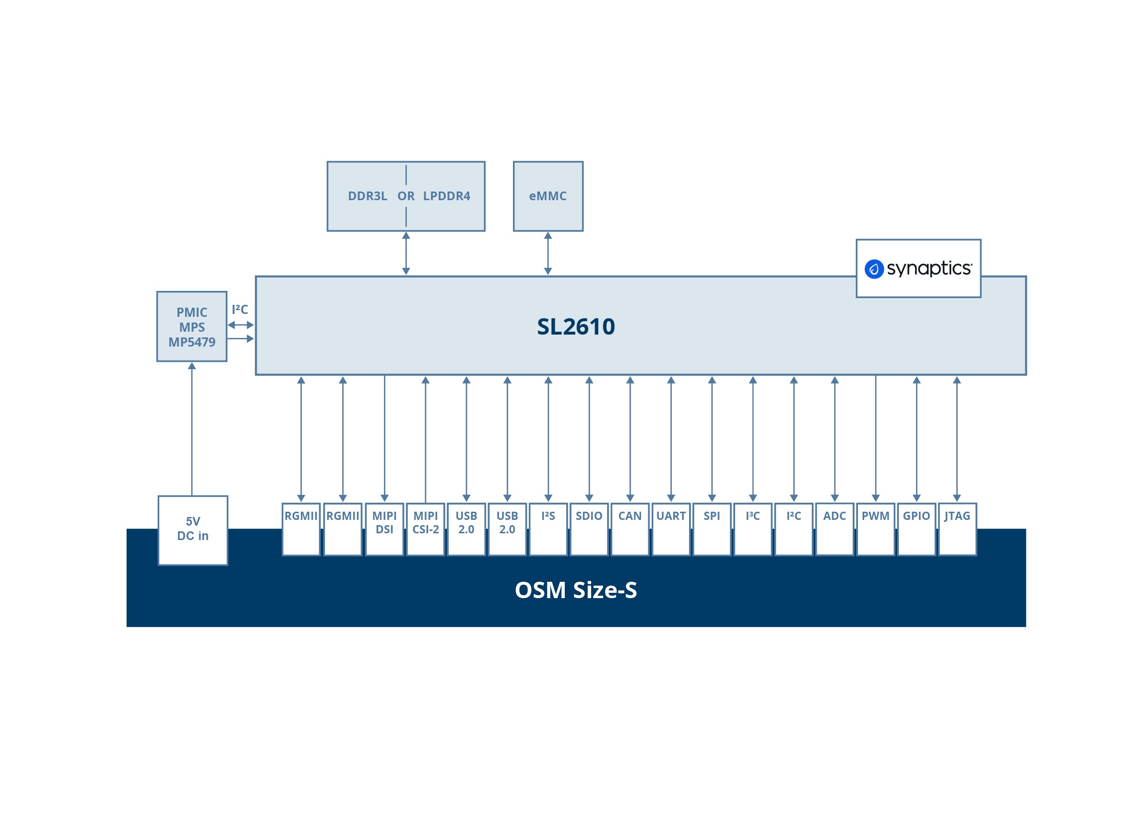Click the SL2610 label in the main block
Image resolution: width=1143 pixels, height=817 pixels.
tap(575, 326)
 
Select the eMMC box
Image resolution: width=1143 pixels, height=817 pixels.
tap(548, 196)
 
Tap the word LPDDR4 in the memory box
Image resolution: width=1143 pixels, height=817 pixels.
tap(446, 196)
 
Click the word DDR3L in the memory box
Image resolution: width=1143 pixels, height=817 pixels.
tap(367, 196)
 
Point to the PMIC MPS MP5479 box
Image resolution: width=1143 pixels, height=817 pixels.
tap(191, 326)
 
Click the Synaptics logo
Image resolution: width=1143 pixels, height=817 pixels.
tap(918, 268)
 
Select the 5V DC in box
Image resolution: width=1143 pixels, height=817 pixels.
tap(192, 530)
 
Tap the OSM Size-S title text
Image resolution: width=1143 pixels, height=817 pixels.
tap(575, 590)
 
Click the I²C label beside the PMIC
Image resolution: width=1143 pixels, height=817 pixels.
tap(240, 310)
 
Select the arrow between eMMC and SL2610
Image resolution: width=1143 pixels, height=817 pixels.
tap(548, 253)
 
